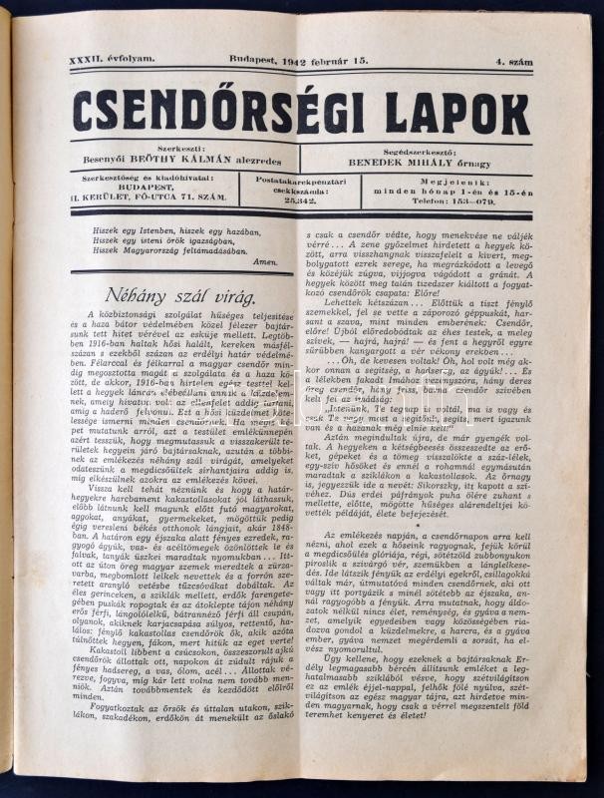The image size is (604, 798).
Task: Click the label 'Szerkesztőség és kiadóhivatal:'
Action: click(151, 177)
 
